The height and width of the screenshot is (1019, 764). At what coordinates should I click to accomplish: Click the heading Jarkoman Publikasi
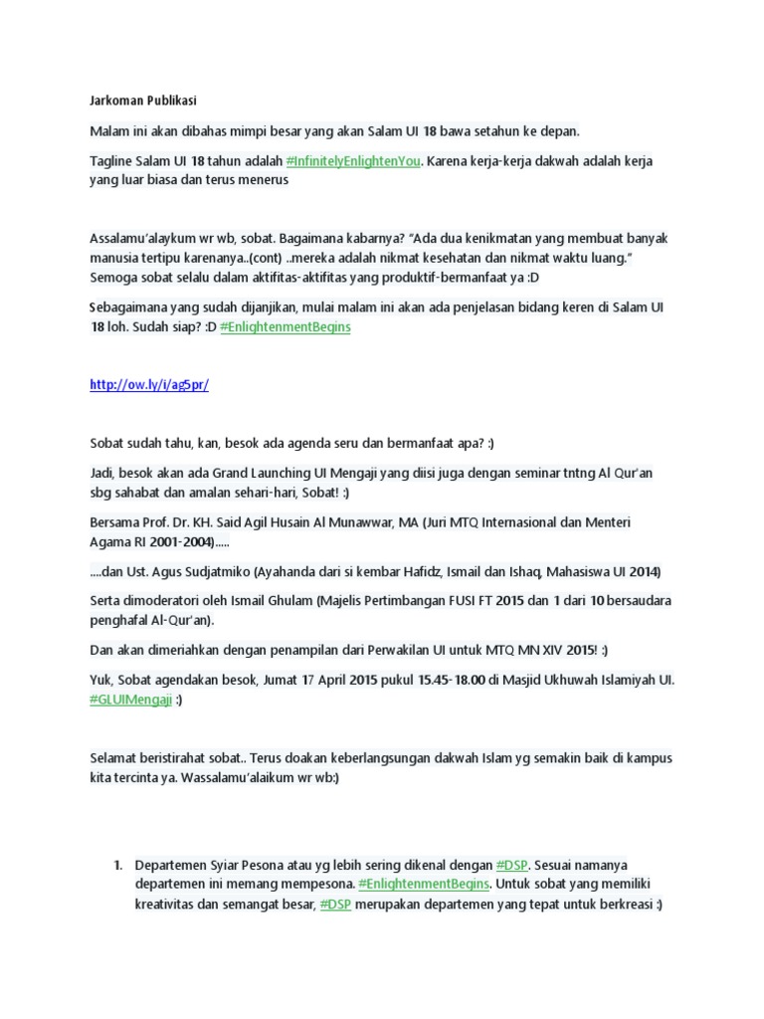pyautogui.click(x=142, y=102)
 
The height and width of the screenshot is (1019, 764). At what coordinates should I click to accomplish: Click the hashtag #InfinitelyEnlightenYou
pyautogui.click(x=353, y=161)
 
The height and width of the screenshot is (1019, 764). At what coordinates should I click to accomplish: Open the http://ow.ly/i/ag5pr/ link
pyautogui.click(x=149, y=385)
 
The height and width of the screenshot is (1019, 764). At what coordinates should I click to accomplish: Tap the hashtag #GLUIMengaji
pyautogui.click(x=130, y=700)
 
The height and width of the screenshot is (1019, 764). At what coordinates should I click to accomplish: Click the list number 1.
pyautogui.click(x=117, y=866)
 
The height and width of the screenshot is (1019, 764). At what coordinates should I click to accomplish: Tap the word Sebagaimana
pyautogui.click(x=130, y=308)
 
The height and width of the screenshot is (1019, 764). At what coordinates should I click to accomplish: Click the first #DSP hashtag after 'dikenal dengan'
pyautogui.click(x=512, y=866)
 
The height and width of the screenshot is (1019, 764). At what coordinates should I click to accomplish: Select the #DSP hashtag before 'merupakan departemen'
pyautogui.click(x=334, y=904)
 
